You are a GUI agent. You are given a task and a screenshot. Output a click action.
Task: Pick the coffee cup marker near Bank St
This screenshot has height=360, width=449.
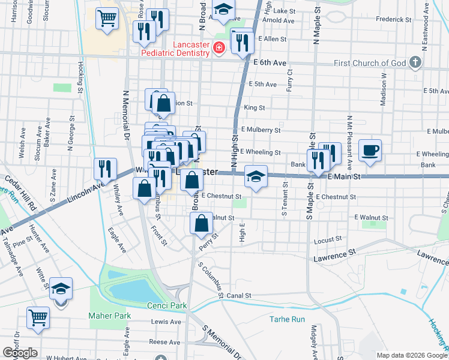[370, 149]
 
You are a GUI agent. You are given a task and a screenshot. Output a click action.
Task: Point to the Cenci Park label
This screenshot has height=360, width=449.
[167, 305]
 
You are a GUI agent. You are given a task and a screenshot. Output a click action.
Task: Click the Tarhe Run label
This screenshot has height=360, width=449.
[288, 319]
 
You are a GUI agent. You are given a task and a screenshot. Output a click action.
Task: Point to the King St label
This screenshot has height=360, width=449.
[255, 108]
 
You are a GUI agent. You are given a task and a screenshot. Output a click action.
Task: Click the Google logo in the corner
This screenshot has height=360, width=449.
[20, 353]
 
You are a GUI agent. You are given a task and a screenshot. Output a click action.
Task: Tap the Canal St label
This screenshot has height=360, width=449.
[238, 295]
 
